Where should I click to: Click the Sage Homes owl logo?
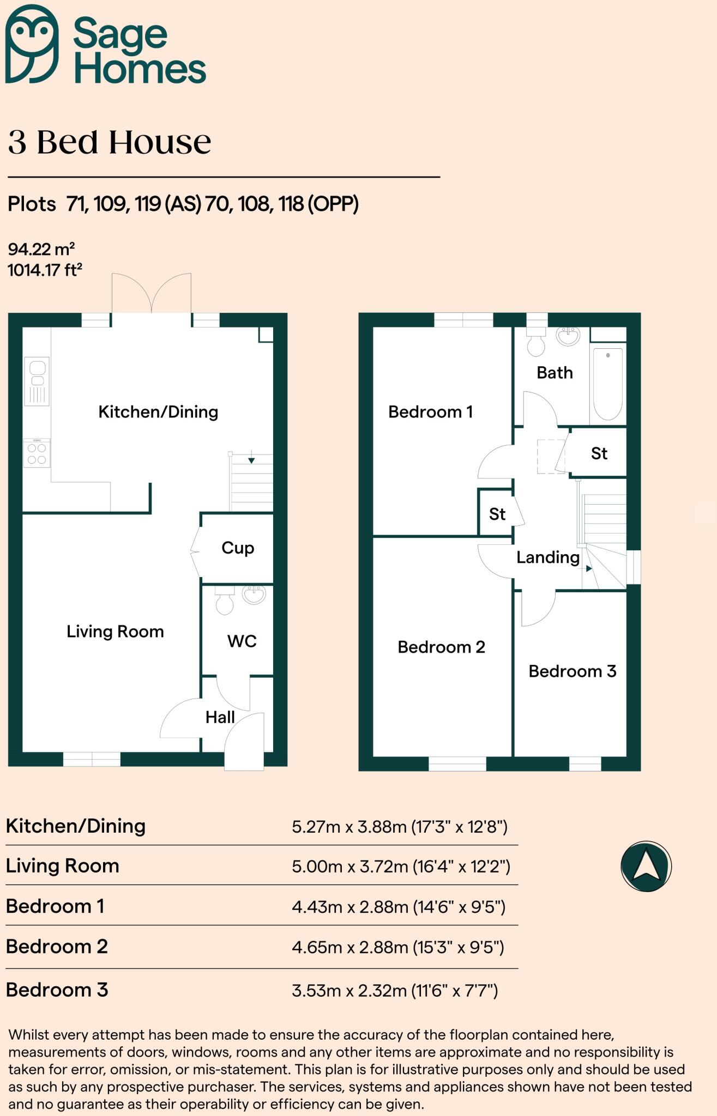[31, 44]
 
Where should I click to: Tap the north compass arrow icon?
[646, 866]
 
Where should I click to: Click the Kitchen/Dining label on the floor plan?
[158, 412]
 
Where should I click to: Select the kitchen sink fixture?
[37, 381]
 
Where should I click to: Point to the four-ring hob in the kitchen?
[37, 453]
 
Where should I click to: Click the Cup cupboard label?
[238, 548]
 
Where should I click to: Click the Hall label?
[220, 717]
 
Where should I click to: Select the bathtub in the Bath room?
[607, 384]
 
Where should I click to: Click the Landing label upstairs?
[547, 557]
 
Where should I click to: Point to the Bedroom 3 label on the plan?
[572, 671]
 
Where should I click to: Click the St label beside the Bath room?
[599, 453]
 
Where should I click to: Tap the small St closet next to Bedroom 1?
[497, 514]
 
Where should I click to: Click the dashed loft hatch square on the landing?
[551, 456]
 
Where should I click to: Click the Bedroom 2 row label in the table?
[57, 947]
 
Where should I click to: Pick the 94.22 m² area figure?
[41, 249]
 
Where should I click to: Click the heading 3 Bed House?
[110, 142]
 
